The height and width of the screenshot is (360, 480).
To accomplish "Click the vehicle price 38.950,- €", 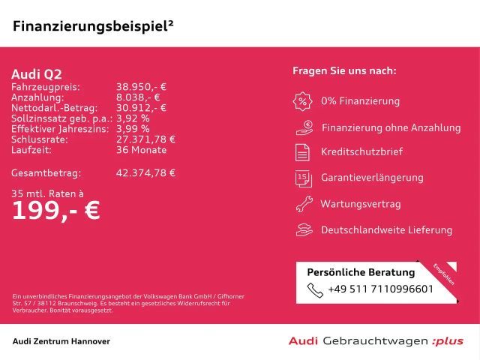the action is [141, 87].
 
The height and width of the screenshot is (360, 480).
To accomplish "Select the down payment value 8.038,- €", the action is [138, 97].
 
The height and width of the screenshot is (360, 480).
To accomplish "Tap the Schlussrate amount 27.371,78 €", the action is [145, 139].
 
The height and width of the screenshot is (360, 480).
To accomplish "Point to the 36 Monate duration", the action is [142, 150].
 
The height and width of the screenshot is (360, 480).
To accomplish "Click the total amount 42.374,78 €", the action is [145, 173].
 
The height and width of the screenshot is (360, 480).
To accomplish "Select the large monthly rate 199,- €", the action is [56, 211].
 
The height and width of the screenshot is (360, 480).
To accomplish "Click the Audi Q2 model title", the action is [37, 74].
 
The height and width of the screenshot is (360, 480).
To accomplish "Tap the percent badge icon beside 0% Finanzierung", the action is [302, 101].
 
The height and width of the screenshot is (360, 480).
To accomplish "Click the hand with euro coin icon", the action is [304, 128].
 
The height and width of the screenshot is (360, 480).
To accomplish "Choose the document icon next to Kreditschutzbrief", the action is [302, 152].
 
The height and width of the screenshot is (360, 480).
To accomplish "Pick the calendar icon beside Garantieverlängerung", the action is [303, 178].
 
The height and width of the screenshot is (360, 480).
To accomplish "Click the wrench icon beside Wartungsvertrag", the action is [304, 204].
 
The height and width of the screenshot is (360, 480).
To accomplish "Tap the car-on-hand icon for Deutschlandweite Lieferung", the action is [304, 230].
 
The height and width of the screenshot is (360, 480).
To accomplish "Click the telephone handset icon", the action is [315, 290].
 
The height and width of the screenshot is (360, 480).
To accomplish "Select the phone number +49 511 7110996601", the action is [380, 289].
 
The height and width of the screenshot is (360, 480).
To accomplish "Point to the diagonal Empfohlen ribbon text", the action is [443, 274].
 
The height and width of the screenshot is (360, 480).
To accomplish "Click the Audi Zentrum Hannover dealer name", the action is [61, 341].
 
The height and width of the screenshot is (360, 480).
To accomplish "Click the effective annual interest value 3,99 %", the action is [133, 129].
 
